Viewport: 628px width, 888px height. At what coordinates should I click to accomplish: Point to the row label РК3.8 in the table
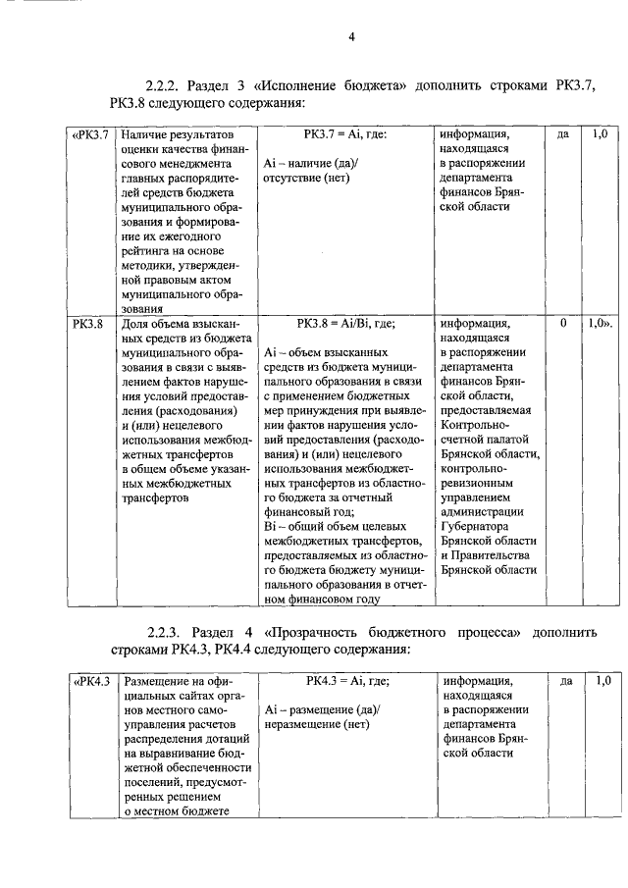click(89, 322)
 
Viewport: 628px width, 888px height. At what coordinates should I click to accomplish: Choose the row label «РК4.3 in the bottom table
click(93, 679)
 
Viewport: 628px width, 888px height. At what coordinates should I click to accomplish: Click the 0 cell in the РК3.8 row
click(563, 322)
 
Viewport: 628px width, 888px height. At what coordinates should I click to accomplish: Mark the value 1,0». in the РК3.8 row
click(600, 322)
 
